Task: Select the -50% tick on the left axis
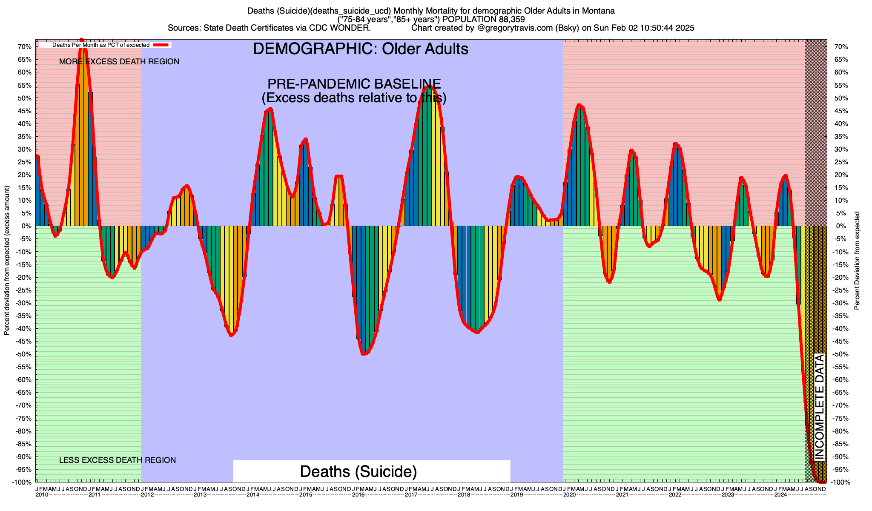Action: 25,354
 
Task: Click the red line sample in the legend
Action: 161,45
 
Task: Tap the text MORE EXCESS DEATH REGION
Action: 119,62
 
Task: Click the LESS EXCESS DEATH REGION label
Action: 118,460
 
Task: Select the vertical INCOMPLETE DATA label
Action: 820,407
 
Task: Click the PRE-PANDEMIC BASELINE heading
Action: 354,84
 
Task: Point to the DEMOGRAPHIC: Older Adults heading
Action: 361,49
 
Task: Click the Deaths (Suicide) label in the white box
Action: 358,471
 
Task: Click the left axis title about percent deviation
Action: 7,261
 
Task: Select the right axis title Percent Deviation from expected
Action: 857,261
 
